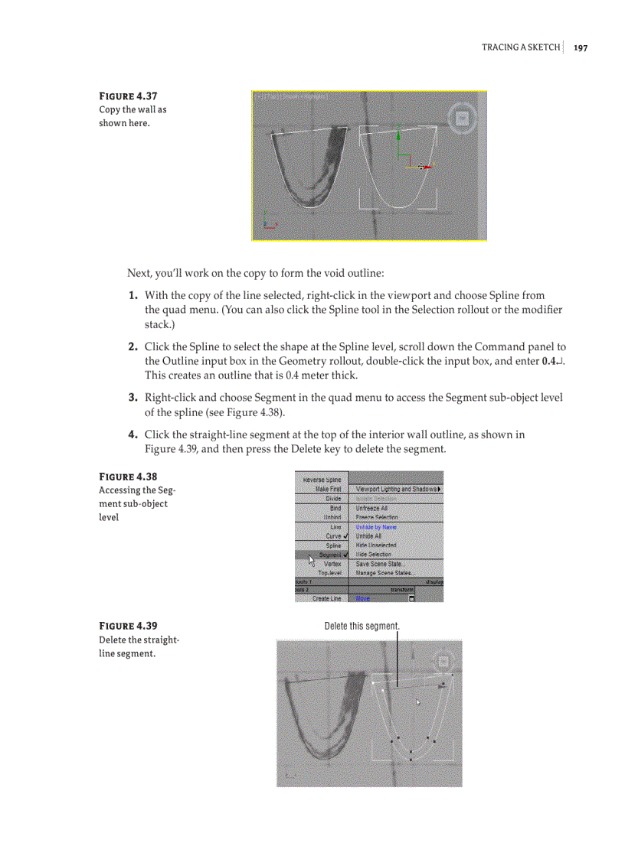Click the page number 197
tap(581, 47)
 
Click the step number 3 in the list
tap(133, 397)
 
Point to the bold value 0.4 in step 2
tap(547, 361)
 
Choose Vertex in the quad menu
tap(332, 564)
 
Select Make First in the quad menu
tap(328, 489)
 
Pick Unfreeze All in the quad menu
tap(372, 508)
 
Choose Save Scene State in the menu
tap(381, 564)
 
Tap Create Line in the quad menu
tap(326, 599)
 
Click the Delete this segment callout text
tap(362, 626)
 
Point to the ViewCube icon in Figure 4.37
tap(461, 119)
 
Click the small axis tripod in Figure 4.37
tap(267, 223)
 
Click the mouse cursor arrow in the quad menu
tap(312, 561)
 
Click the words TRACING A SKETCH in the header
tap(520, 47)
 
